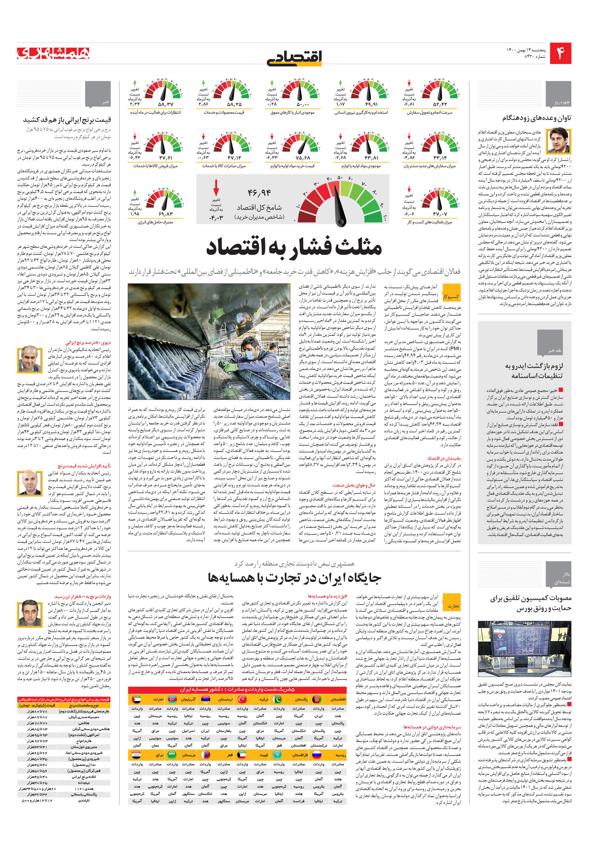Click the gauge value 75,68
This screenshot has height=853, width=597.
[303, 158]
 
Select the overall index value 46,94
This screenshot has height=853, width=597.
[259, 193]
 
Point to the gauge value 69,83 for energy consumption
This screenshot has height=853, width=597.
[166, 214]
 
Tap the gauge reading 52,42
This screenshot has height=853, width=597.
[440, 104]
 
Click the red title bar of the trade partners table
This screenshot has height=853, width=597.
[237, 690]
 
